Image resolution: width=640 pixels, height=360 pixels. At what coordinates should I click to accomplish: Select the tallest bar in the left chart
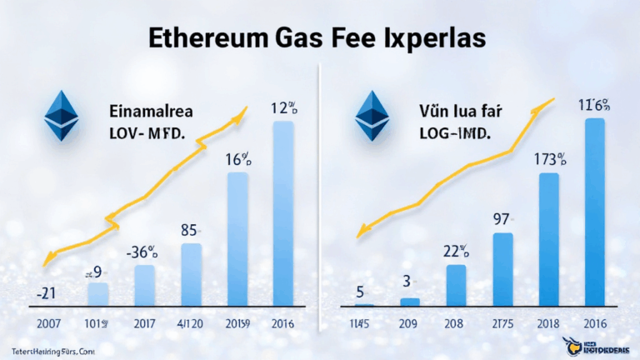(x=282, y=212)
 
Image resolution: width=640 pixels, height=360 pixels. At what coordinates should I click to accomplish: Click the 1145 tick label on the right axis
(x=359, y=324)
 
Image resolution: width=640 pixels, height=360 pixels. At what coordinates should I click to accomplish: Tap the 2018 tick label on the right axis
(x=549, y=324)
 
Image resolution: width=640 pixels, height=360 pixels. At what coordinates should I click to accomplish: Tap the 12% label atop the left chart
(x=284, y=107)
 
